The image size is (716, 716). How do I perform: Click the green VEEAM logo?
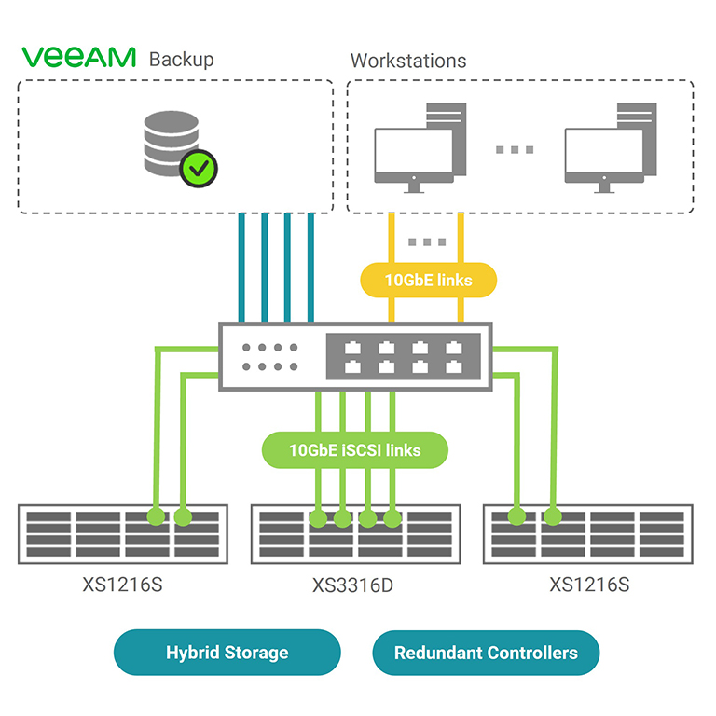pos(78,58)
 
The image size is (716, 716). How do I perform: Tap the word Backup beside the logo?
pos(182,59)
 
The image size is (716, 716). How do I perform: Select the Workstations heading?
pos(408,61)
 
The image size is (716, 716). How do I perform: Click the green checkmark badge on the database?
pos(199,169)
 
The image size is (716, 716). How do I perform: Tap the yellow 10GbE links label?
pos(429,280)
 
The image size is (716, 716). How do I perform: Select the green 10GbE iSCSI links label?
pos(354,450)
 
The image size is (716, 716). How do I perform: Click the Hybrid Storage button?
pos(227,653)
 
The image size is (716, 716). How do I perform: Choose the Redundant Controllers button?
pos(486,653)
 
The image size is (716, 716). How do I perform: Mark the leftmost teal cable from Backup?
pos(242,266)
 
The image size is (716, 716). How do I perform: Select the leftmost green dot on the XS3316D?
pos(319,516)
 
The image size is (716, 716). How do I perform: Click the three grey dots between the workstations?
pos(514,149)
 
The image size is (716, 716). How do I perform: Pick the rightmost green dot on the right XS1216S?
pos(553,514)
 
